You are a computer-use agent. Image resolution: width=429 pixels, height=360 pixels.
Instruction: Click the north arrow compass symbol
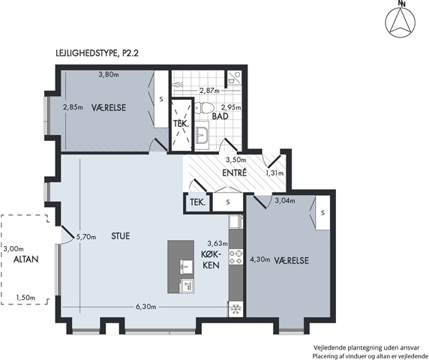click(400, 22)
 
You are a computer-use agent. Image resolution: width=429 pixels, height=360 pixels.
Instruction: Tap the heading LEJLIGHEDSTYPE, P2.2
click(97, 52)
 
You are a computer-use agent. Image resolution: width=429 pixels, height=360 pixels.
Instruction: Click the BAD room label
click(220, 116)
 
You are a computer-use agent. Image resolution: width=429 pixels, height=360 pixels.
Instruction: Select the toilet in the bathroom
click(204, 108)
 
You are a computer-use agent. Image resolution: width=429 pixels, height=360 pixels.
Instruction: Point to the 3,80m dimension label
click(109, 74)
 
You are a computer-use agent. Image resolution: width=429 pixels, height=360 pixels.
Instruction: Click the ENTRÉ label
click(235, 173)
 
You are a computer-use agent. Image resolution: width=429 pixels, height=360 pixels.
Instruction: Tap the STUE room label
click(121, 236)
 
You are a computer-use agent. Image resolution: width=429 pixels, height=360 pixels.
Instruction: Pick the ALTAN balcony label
click(26, 259)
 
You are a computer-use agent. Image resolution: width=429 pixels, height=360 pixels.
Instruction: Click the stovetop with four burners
click(235, 256)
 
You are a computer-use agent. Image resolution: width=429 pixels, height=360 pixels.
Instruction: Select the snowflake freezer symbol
click(235, 309)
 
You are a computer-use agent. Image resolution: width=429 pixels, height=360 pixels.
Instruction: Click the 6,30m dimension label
click(146, 307)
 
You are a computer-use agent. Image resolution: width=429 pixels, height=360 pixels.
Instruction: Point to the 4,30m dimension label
click(260, 259)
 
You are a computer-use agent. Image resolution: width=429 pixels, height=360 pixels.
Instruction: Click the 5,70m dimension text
click(86, 237)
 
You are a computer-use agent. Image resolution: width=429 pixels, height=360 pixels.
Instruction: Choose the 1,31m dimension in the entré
click(274, 173)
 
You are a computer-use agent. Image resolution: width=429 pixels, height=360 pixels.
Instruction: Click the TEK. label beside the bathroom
click(181, 124)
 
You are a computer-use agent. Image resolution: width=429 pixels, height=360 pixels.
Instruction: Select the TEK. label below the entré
click(198, 202)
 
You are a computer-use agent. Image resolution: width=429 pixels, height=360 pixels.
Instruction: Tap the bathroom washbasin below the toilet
click(202, 135)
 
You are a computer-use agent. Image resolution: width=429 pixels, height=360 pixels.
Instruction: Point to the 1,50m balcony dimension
click(25, 297)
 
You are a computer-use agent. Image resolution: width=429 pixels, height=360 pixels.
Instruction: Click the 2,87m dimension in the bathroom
click(209, 91)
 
